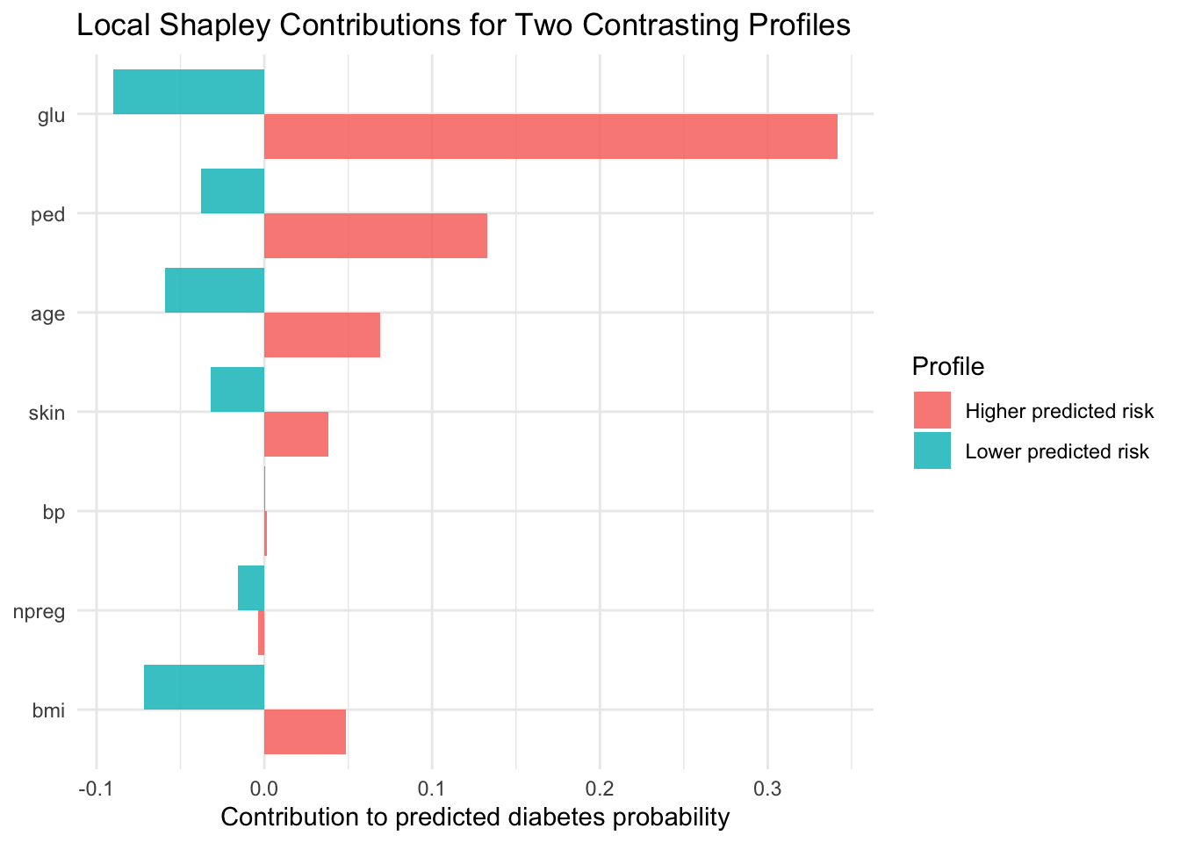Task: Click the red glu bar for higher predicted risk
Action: [x=550, y=136]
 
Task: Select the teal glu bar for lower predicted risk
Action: [x=189, y=91]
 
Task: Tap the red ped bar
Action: [x=376, y=235]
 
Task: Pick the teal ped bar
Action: [x=233, y=191]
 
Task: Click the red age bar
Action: [x=322, y=335]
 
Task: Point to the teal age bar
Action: [x=215, y=290]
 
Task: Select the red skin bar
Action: [x=296, y=434]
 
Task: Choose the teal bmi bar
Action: [x=205, y=687]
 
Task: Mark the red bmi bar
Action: [x=305, y=731]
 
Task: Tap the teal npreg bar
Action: [x=251, y=587]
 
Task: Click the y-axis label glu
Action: [x=52, y=115]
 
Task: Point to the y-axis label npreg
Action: [x=41, y=611]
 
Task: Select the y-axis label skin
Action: [x=47, y=413]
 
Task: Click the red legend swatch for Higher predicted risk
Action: [x=932, y=411]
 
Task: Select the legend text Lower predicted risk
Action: [x=1057, y=452]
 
